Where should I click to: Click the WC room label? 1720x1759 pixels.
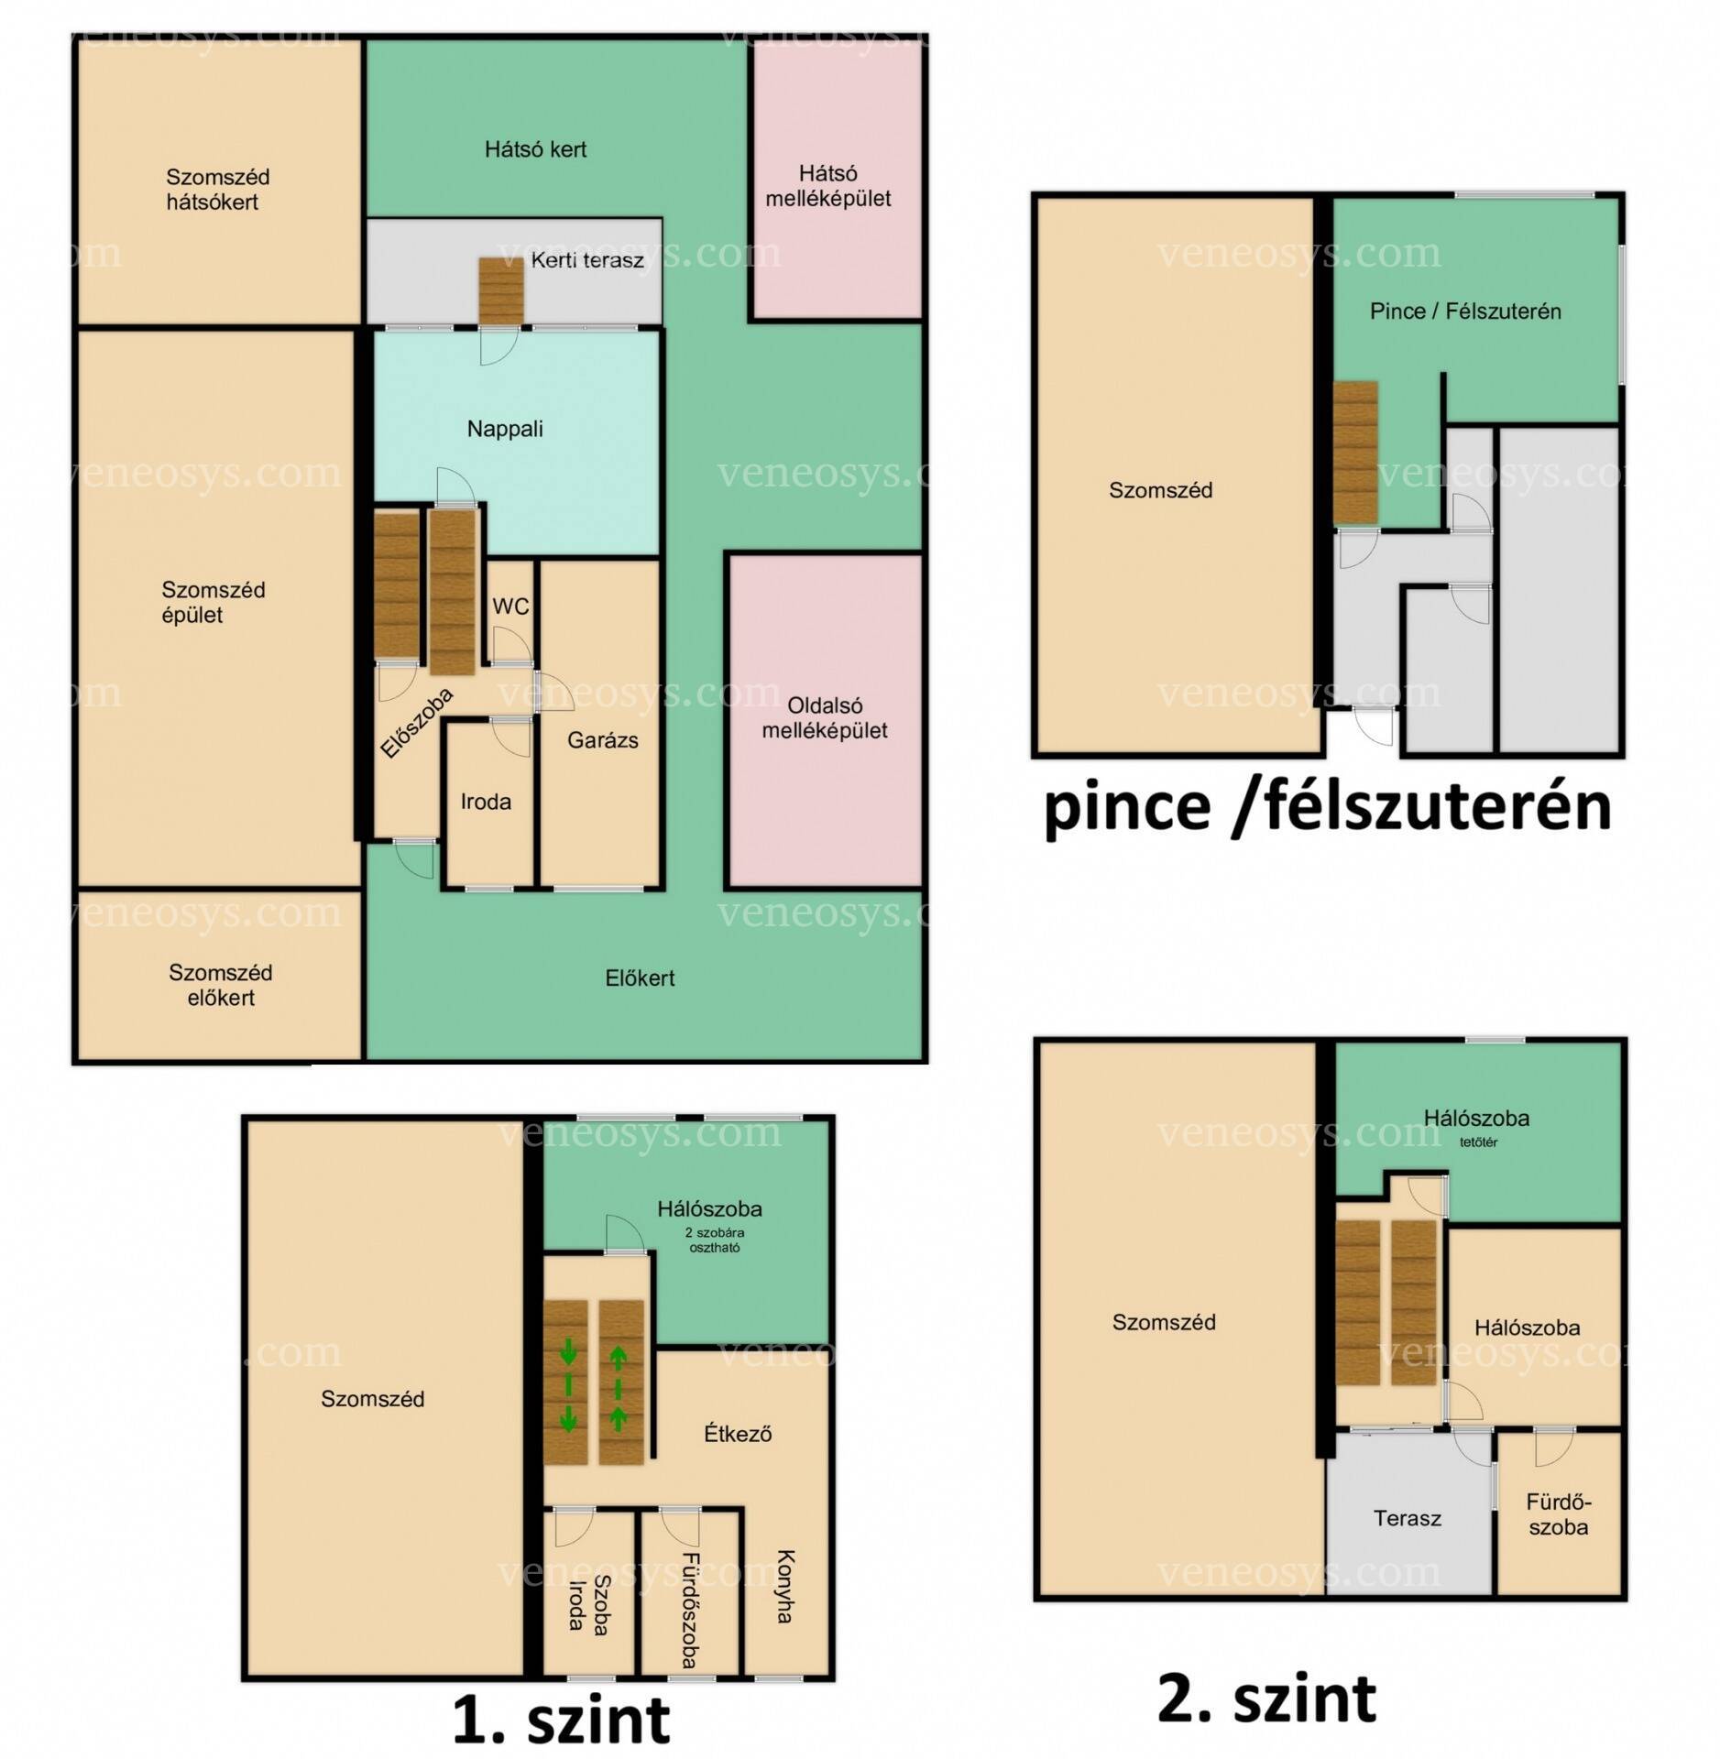tap(510, 606)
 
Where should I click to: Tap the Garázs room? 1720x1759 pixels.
tap(600, 724)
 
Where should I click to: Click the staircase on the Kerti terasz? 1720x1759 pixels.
tap(500, 290)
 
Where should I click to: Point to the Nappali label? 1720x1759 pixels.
tap(505, 429)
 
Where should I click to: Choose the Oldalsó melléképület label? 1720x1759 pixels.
tap(825, 718)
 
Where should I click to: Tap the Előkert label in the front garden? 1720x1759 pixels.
tap(640, 978)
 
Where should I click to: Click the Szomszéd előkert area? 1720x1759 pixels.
tap(220, 975)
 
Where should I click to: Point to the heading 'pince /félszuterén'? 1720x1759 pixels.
tap(1328, 807)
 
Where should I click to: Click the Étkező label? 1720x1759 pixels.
tap(737, 1434)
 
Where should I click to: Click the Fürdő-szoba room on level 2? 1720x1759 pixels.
tap(1559, 1513)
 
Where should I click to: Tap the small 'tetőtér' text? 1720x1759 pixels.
tap(1479, 1142)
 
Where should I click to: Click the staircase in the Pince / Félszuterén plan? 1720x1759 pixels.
tap(1355, 453)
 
